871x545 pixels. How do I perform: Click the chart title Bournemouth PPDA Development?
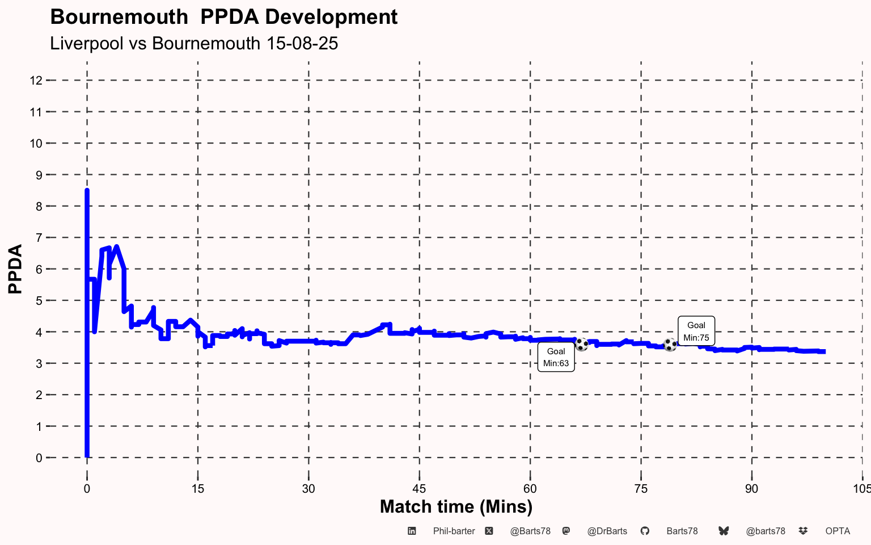(223, 17)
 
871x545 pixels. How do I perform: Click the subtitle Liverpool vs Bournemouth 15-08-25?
(194, 43)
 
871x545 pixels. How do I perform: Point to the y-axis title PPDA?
(15, 269)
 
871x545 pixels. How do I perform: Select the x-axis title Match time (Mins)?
(456, 506)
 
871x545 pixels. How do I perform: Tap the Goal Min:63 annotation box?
(556, 357)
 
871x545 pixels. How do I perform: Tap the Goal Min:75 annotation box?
(696, 331)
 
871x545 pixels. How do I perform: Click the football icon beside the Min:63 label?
(581, 344)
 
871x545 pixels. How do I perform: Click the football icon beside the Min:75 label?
(670, 345)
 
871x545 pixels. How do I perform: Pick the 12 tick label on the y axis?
(36, 81)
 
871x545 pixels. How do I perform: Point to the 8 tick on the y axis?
(39, 207)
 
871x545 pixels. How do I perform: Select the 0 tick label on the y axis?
(39, 458)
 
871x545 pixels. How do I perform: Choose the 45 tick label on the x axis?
(419, 489)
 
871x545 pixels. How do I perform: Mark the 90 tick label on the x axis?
(751, 489)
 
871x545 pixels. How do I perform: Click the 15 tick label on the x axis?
(197, 489)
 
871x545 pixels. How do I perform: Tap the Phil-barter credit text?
(454, 531)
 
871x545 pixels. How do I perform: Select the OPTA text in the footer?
(838, 531)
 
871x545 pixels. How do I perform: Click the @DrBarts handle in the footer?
(607, 531)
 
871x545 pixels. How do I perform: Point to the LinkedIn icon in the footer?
(412, 531)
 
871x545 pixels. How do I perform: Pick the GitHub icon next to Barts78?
(645, 531)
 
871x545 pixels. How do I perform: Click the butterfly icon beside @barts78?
(724, 531)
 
